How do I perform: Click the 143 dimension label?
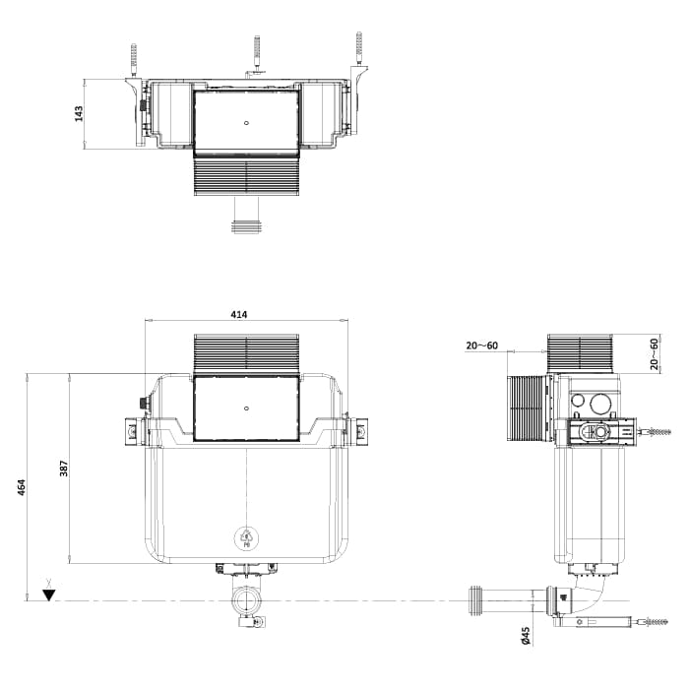pos(79,113)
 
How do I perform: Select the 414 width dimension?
pos(239,314)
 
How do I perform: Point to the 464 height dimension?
pos(21,486)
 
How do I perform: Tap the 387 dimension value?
pos(64,469)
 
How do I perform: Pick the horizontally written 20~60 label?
pos(482,345)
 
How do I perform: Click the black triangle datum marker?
pos(48,595)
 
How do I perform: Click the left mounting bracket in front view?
pos(131,430)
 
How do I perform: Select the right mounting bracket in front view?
pos(359,430)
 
